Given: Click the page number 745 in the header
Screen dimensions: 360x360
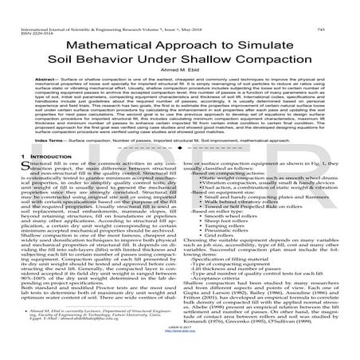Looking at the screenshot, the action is click(346, 6).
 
